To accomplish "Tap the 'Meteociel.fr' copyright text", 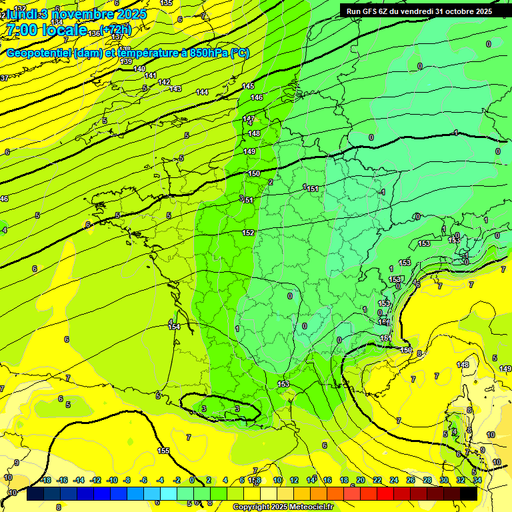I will (x=309, y=507).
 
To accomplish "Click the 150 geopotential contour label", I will (x=254, y=173).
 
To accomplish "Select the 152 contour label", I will (x=248, y=233).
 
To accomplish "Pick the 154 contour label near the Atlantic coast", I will (x=174, y=327).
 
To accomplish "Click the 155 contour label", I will (x=163, y=451).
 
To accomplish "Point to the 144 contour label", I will (x=202, y=92).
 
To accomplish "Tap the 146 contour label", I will (x=257, y=98).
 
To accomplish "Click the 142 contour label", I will (x=164, y=82).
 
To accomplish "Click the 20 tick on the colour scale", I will (x=361, y=481).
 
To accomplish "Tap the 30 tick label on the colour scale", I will (x=443, y=481).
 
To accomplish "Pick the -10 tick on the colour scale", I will (x=111, y=481).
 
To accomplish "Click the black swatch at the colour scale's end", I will (x=469, y=493).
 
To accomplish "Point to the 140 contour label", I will (x=139, y=69).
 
